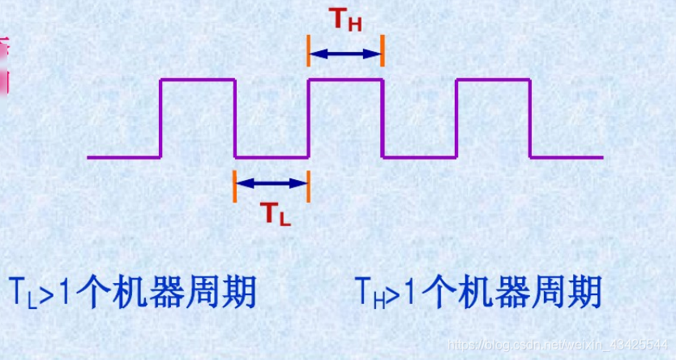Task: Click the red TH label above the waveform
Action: [344, 21]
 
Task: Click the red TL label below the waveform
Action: [274, 212]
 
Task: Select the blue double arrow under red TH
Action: [344, 54]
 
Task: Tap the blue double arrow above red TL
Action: [271, 183]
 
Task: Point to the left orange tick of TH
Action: [308, 50]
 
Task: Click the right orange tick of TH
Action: [382, 50]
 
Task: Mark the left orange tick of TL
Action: [233, 186]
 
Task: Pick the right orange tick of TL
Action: [308, 186]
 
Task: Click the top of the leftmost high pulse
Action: [198, 79]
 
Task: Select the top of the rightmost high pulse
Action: [493, 79]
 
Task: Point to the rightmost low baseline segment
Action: [566, 156]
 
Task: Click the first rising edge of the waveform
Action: [161, 118]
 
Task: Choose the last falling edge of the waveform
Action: [529, 118]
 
